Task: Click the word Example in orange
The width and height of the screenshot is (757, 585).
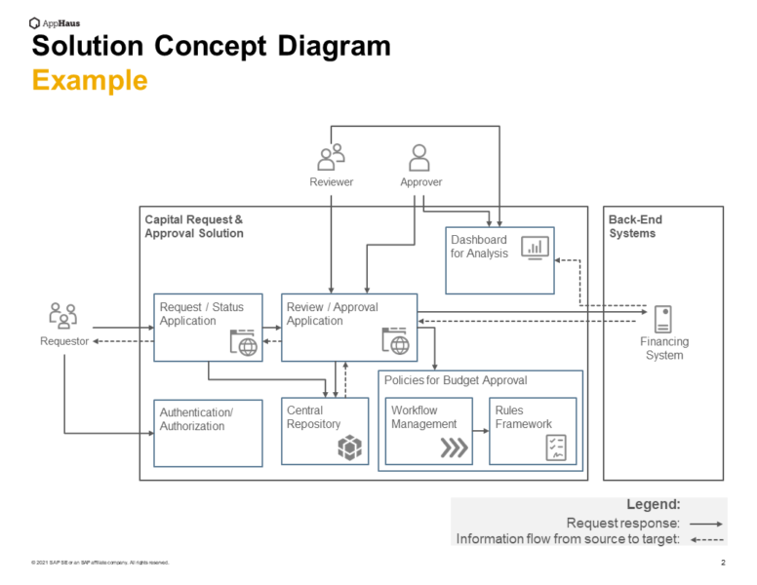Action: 90,80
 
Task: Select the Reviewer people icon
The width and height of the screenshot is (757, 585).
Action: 332,156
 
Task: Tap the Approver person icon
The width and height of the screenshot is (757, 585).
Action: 419,157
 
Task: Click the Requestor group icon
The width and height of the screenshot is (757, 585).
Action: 63,315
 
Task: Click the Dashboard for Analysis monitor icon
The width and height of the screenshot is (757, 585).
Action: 534,248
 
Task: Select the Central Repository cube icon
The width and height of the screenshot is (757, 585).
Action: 349,447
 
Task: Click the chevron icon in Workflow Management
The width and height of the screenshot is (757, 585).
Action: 454,448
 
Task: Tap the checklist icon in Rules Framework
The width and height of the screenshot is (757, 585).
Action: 557,448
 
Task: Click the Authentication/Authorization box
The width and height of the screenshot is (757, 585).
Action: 208,433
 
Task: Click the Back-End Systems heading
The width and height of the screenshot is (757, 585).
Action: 635,226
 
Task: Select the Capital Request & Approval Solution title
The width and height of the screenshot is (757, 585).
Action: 193,226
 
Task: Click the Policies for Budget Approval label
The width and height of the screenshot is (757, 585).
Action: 455,380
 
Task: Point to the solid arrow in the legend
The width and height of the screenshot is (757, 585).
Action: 705,524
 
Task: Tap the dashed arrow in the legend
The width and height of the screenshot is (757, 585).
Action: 705,539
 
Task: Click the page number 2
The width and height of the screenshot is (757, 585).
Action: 723,563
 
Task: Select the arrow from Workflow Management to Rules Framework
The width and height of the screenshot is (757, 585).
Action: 480,431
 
